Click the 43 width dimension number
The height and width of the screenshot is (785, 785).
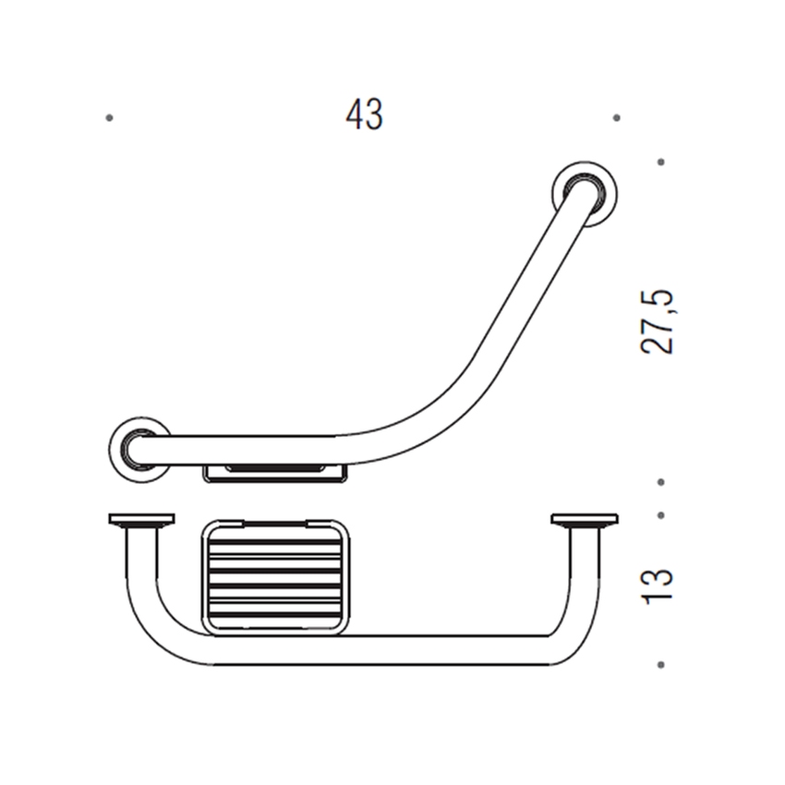pyautogui.click(x=364, y=115)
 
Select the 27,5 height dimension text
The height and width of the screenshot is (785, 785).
pyautogui.click(x=658, y=322)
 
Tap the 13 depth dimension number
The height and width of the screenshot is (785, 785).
pyautogui.click(x=658, y=586)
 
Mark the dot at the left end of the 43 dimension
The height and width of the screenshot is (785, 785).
pyautogui.click(x=109, y=118)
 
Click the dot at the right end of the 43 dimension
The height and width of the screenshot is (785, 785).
pyautogui.click(x=616, y=118)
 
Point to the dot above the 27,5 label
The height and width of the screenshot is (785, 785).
pyautogui.click(x=661, y=163)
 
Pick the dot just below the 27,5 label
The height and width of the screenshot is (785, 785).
pyautogui.click(x=661, y=482)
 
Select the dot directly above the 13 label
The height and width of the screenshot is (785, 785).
pyautogui.click(x=661, y=515)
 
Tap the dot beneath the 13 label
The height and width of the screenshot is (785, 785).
pyautogui.click(x=661, y=665)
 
